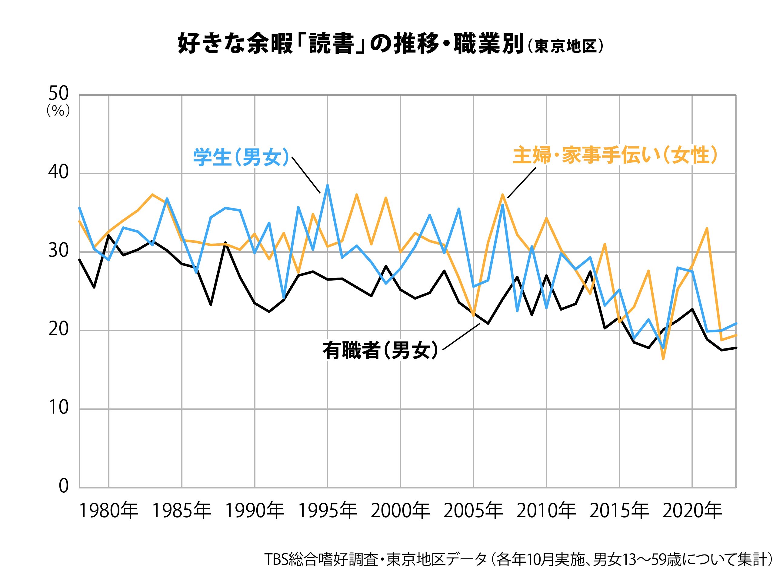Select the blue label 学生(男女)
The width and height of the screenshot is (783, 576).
tap(241, 158)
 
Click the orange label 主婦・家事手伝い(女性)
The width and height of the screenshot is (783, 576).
tap(615, 155)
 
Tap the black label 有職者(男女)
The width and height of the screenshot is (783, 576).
tap(380, 350)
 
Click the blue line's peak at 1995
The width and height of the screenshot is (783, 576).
tap(327, 185)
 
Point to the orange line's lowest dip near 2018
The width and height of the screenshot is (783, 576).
tap(663, 359)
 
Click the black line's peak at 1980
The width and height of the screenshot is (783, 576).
tap(109, 235)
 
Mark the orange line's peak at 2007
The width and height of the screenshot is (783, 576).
tap(502, 194)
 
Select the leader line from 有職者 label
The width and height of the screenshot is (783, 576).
tap(461, 336)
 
